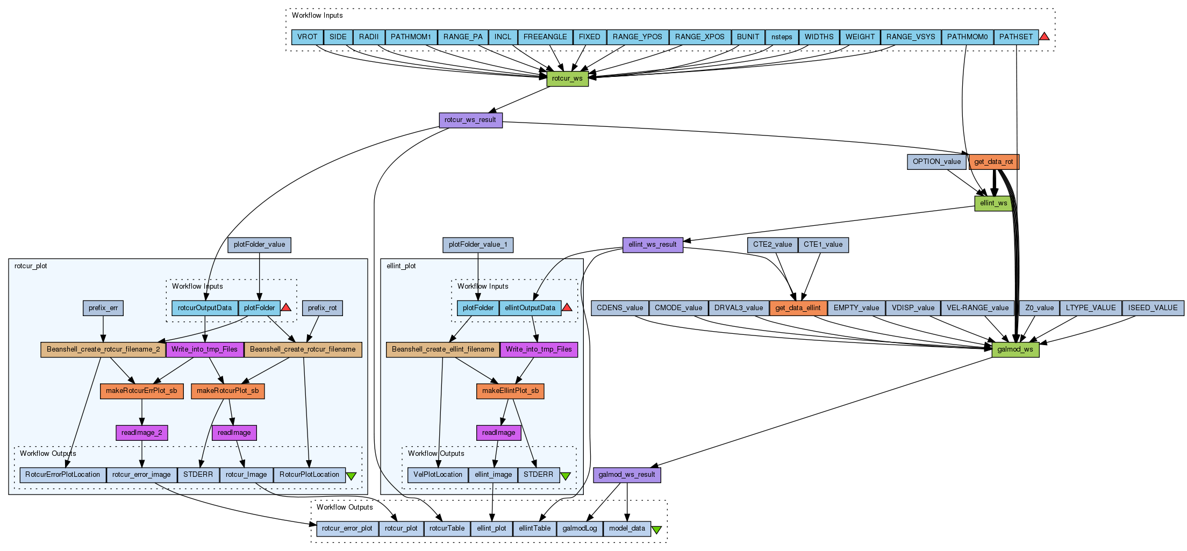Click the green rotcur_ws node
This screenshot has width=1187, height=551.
567,78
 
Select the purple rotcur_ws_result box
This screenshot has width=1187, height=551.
470,120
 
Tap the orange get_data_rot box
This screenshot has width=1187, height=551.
993,162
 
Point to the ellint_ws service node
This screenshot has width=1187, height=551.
993,203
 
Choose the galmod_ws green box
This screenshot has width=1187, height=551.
1015,349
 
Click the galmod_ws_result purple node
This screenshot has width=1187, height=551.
627,475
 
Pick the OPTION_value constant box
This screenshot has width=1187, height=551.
936,162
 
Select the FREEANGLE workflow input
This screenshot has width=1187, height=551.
545,37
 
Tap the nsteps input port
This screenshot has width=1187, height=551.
782,37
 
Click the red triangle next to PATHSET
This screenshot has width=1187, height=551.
1044,37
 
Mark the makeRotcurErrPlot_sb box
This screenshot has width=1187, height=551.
141,391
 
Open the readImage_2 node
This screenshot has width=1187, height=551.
142,433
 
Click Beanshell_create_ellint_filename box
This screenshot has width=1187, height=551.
443,349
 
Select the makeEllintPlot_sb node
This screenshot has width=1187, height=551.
510,391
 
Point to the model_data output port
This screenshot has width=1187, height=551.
627,528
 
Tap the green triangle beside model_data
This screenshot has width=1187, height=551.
656,529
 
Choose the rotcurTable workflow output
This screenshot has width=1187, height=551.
447,528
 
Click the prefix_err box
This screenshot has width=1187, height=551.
103,308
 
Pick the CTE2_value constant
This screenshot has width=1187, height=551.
773,245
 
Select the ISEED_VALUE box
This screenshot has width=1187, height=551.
1153,308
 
